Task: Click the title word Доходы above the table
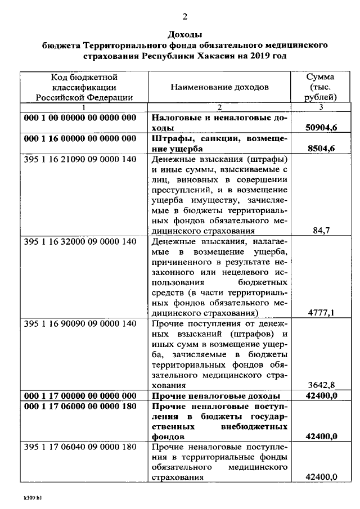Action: [x=185, y=35]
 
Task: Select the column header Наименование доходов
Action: [x=220, y=87]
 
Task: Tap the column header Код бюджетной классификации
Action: [x=84, y=87]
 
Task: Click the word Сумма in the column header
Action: [x=321, y=77]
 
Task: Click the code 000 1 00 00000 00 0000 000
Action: [x=80, y=118]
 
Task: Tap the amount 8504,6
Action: [x=323, y=148]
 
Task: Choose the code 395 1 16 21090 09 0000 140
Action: [x=80, y=159]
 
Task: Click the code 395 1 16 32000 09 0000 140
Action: [x=80, y=241]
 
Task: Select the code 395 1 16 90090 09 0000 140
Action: [x=80, y=323]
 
